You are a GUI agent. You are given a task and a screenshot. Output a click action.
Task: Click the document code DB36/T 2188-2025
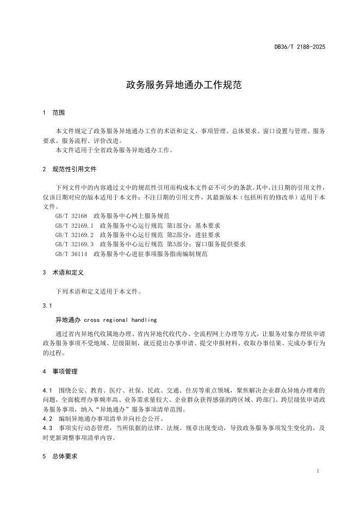(300, 47)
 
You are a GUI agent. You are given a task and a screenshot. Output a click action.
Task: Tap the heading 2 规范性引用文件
(69, 169)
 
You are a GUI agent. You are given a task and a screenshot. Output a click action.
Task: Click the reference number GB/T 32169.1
(74, 225)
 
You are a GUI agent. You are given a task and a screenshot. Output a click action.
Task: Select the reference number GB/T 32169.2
(74, 234)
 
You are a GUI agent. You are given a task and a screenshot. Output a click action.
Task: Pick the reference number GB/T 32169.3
(74, 244)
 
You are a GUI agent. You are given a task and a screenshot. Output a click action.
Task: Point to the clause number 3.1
(47, 305)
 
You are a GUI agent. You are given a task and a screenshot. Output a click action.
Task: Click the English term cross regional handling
(120, 319)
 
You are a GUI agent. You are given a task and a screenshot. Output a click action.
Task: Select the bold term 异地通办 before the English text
(68, 319)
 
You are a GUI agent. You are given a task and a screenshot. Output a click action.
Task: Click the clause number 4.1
(47, 390)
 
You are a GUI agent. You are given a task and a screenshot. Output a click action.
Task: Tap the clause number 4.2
(47, 419)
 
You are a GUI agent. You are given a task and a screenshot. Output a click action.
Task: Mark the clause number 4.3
(47, 428)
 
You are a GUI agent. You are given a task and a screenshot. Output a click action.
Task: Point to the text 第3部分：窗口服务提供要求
(206, 244)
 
